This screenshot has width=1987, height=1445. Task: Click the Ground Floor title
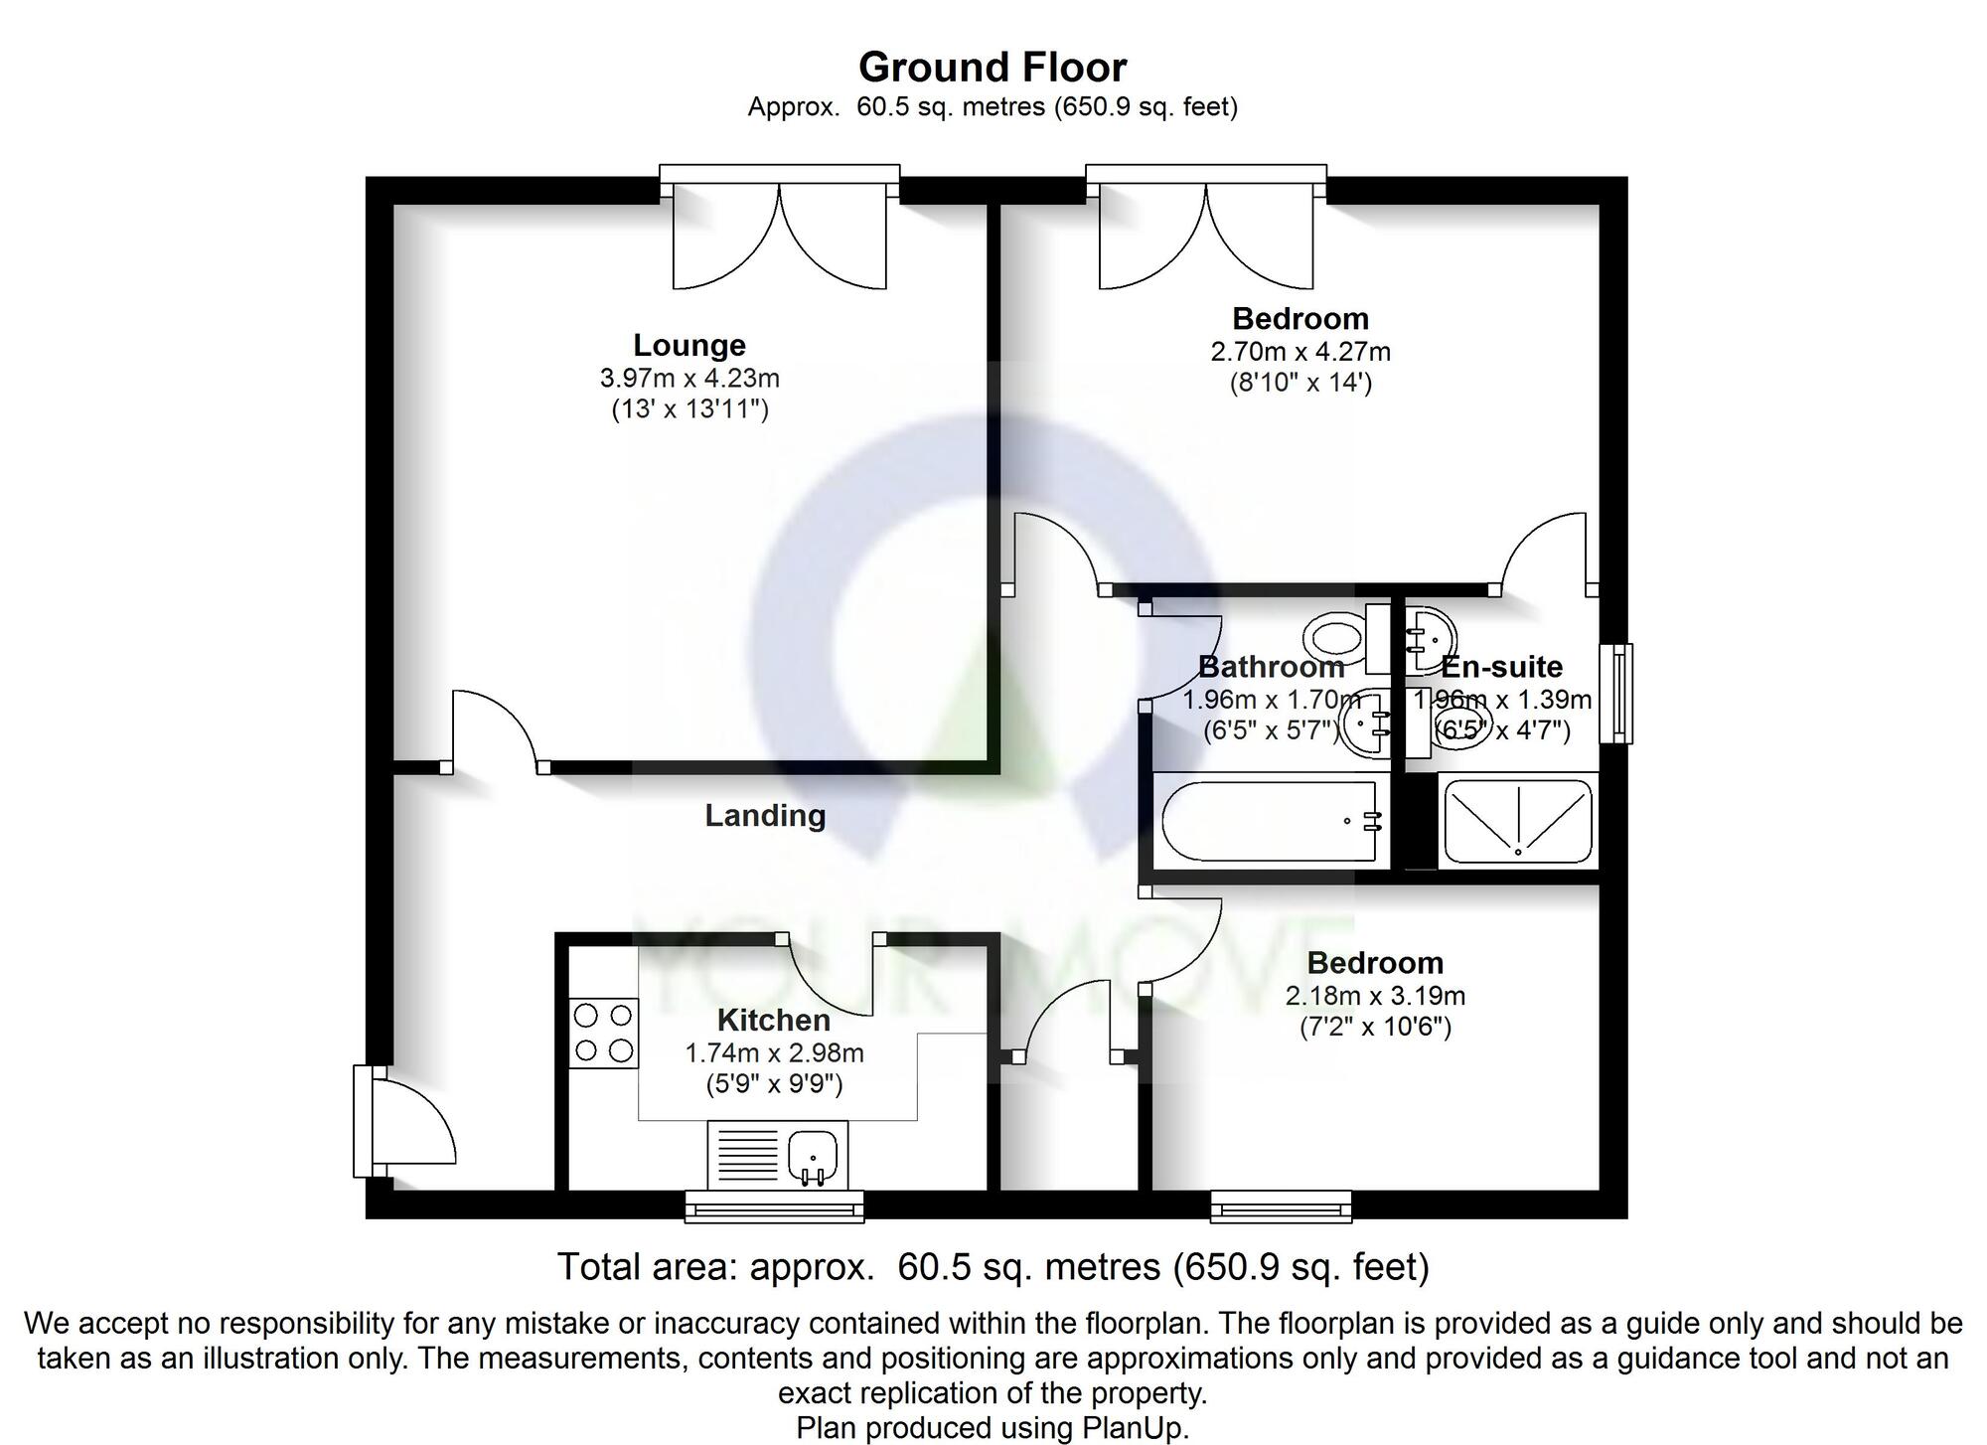click(992, 68)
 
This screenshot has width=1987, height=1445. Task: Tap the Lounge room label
click(689, 345)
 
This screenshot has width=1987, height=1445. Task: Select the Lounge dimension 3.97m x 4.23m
click(689, 378)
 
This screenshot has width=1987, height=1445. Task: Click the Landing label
click(765, 816)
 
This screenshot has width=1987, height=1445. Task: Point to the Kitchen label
click(773, 1021)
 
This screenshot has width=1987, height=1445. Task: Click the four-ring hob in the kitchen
click(603, 1033)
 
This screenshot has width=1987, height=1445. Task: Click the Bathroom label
click(1271, 667)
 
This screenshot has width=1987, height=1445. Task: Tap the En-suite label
click(1501, 667)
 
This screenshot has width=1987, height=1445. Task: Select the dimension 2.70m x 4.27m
click(1299, 352)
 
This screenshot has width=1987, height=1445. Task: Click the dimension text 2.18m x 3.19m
click(1375, 996)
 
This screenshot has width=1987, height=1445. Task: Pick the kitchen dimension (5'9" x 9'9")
click(774, 1084)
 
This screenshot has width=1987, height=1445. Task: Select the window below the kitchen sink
click(774, 1208)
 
